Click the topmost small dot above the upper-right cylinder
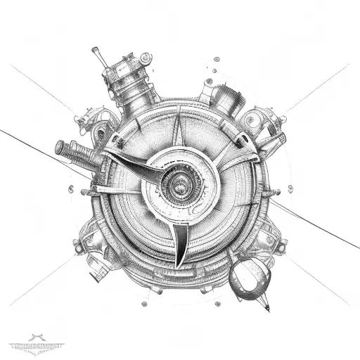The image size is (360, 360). click(x=209, y=68)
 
